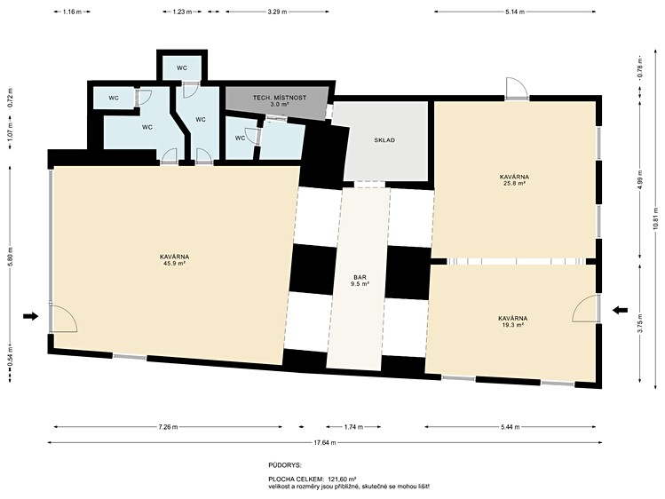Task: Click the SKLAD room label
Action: [384, 140]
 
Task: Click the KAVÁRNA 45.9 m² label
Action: [174, 260]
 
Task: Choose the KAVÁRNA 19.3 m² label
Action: [513, 321]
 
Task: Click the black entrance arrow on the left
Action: [31, 316]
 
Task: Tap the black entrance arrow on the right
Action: [620, 311]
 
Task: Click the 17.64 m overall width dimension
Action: [324, 442]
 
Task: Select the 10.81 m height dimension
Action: [655, 221]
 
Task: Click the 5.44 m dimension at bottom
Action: [511, 427]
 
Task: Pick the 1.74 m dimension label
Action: [353, 427]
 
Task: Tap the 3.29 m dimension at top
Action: [277, 12]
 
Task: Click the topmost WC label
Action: [182, 67]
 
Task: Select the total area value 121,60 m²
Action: [342, 479]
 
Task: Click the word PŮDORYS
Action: [285, 465]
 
